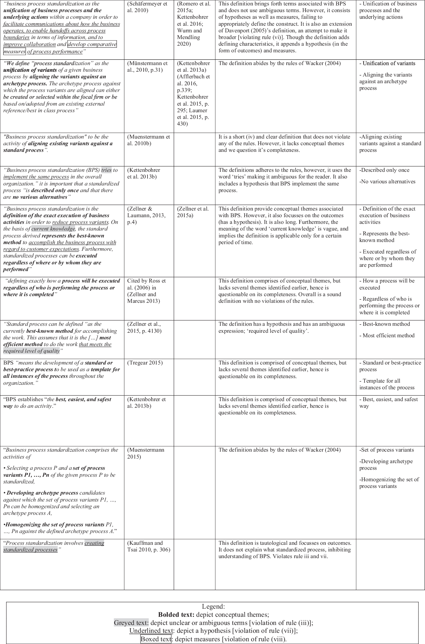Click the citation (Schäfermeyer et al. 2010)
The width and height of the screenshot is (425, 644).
point(147,7)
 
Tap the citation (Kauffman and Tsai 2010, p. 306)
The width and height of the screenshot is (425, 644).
point(148,546)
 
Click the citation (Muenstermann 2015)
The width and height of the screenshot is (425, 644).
point(146,453)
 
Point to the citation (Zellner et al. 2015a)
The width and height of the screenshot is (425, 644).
point(193,212)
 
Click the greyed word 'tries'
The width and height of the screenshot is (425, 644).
point(106,170)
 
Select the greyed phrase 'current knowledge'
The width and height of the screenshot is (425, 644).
point(53,229)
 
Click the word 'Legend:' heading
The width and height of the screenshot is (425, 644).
point(213,606)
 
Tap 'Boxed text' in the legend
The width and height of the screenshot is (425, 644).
point(156,639)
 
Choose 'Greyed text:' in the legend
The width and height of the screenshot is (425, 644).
point(131,623)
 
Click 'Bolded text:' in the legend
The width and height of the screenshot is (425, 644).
point(176,614)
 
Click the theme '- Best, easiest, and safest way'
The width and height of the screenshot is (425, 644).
point(388,403)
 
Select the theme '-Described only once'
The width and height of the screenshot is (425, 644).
point(384,170)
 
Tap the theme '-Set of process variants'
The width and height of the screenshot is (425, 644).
point(387,450)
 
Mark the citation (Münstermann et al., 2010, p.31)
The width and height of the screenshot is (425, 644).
point(147,67)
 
